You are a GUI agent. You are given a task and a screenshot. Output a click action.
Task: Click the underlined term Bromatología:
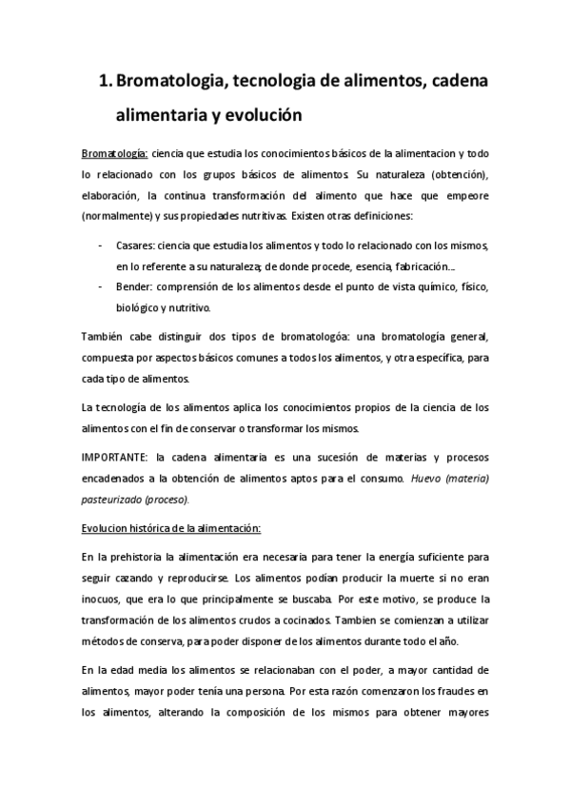click(x=113, y=153)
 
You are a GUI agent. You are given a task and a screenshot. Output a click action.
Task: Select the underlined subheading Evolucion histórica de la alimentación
click(x=170, y=528)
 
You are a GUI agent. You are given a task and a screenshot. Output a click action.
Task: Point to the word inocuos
click(x=104, y=600)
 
